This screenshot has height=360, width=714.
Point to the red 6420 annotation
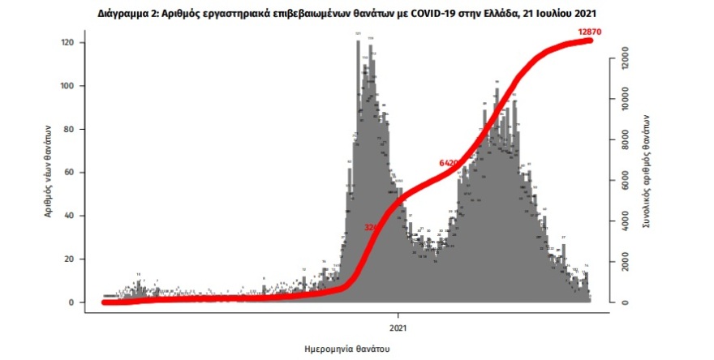click(x=449, y=163)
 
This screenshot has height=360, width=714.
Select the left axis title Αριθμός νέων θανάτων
click(x=49, y=170)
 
